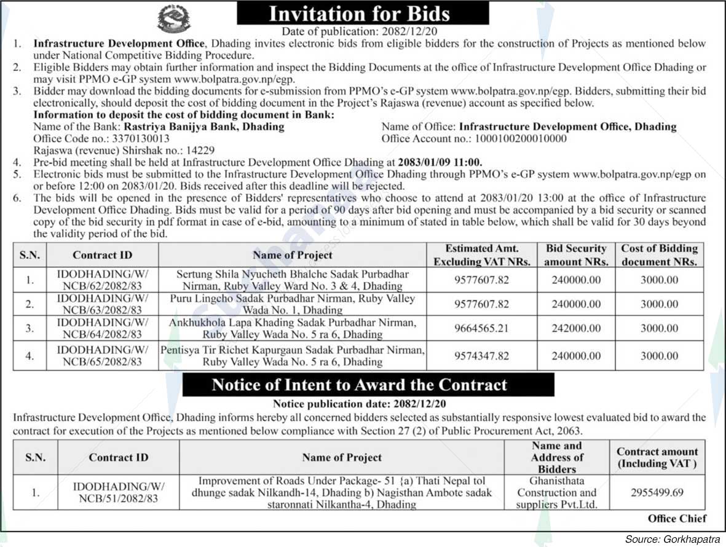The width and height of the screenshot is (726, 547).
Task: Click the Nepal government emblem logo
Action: tap(174, 18)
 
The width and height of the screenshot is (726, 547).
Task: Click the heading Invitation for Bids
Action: tap(363, 14)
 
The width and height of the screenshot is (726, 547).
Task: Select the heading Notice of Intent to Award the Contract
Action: tap(360, 385)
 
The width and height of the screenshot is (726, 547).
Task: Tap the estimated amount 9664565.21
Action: tap(481, 328)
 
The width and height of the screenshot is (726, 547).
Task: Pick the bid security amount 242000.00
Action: tap(576, 328)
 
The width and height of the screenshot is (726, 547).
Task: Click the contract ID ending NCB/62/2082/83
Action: tap(103, 280)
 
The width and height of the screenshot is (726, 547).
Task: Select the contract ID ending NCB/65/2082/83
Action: tap(103, 356)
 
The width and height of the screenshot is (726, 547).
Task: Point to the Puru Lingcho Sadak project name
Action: tap(293, 304)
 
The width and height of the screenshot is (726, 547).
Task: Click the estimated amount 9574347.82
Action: tap(481, 356)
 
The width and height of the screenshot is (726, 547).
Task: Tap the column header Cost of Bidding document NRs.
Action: tap(660, 255)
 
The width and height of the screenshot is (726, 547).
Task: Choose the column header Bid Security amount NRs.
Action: tap(576, 255)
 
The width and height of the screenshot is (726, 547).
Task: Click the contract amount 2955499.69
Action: tap(657, 492)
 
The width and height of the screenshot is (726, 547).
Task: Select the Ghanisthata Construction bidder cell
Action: tap(557, 492)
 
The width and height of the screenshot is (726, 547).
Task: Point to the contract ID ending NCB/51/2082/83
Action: tap(119, 492)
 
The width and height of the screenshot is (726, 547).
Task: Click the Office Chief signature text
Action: tap(677, 518)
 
